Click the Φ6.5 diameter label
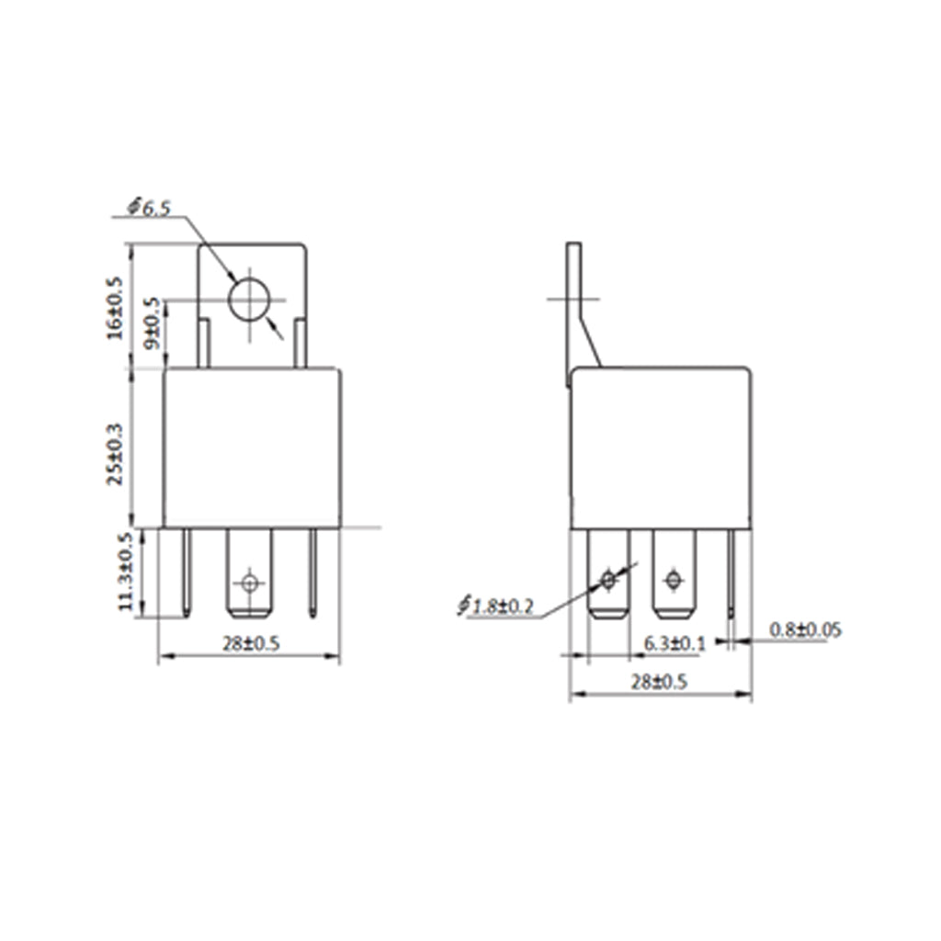[150, 209]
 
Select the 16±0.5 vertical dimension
[115, 308]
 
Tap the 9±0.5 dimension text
[153, 323]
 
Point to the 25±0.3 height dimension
[115, 454]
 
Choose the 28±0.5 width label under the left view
[252, 644]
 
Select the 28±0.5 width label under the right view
[658, 682]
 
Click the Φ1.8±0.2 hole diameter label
[495, 607]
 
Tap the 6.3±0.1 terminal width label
[675, 643]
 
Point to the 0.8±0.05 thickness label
[805, 629]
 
